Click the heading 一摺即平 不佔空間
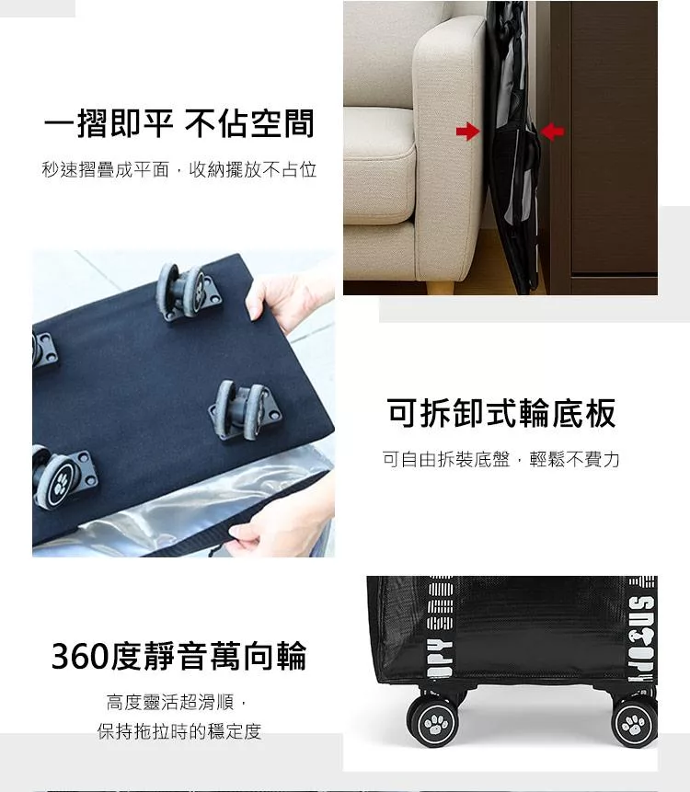click(179, 124)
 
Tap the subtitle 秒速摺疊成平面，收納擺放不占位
click(179, 169)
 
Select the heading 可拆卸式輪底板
click(501, 413)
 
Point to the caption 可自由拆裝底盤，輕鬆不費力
click(501, 459)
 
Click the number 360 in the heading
click(80, 656)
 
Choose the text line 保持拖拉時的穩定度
click(179, 731)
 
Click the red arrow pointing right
click(467, 132)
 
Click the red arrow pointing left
click(552, 132)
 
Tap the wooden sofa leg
click(440, 287)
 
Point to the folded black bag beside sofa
click(512, 146)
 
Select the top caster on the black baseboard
click(187, 292)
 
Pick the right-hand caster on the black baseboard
click(244, 410)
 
